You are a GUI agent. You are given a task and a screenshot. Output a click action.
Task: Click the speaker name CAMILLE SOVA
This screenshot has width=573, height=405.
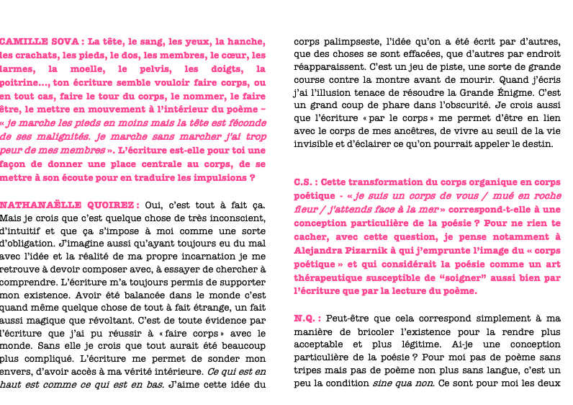coord(40,42)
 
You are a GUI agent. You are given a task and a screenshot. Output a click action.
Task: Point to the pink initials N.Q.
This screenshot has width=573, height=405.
coord(305,318)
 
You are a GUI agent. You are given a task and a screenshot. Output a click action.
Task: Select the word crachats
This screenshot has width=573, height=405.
coord(41,55)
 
